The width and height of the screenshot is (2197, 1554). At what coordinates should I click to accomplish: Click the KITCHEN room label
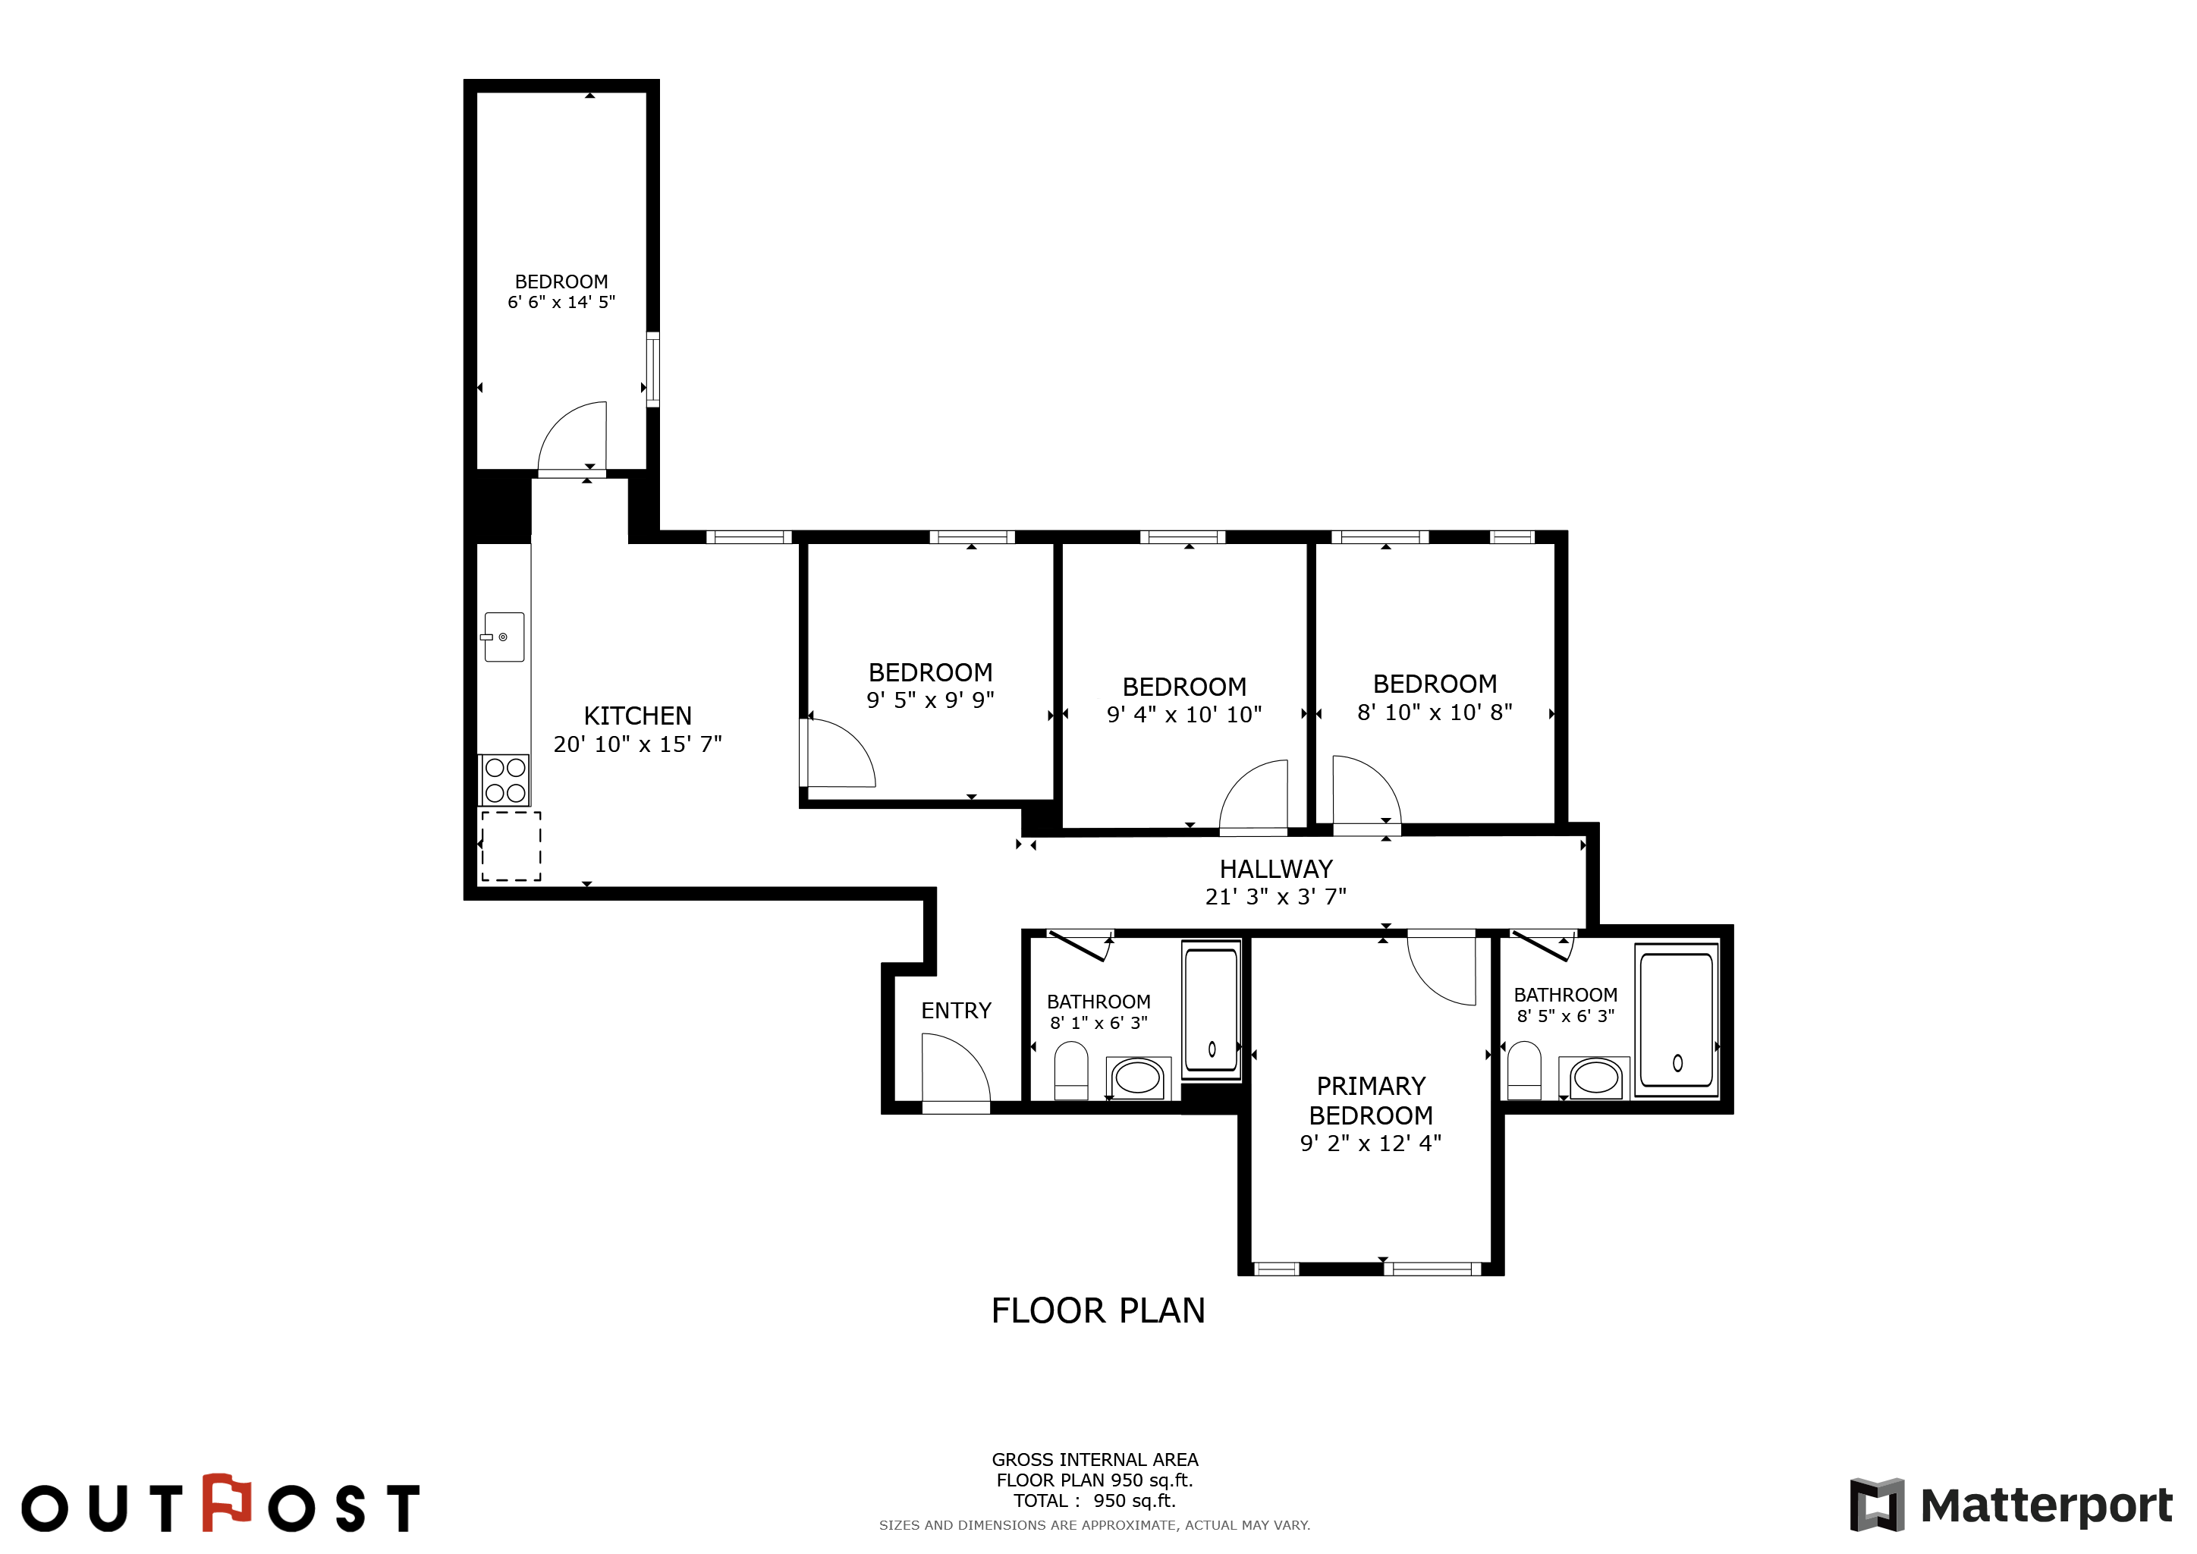(637, 716)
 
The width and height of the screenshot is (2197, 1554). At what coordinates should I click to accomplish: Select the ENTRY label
(956, 1011)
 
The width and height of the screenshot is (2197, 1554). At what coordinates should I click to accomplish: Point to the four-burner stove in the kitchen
(504, 780)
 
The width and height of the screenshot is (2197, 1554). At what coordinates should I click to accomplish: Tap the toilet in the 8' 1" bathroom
(1070, 1071)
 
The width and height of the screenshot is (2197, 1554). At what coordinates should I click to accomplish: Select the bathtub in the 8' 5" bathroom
(1677, 1020)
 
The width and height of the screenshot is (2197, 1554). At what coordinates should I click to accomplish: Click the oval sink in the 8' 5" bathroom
(1595, 1077)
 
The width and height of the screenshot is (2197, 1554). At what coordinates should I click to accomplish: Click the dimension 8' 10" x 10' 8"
(1435, 712)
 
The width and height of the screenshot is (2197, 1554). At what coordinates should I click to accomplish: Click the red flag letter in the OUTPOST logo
(227, 1502)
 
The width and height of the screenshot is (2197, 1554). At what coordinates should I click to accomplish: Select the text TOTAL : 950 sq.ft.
(1095, 1500)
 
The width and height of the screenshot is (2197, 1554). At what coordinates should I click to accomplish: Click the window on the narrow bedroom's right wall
(652, 370)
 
